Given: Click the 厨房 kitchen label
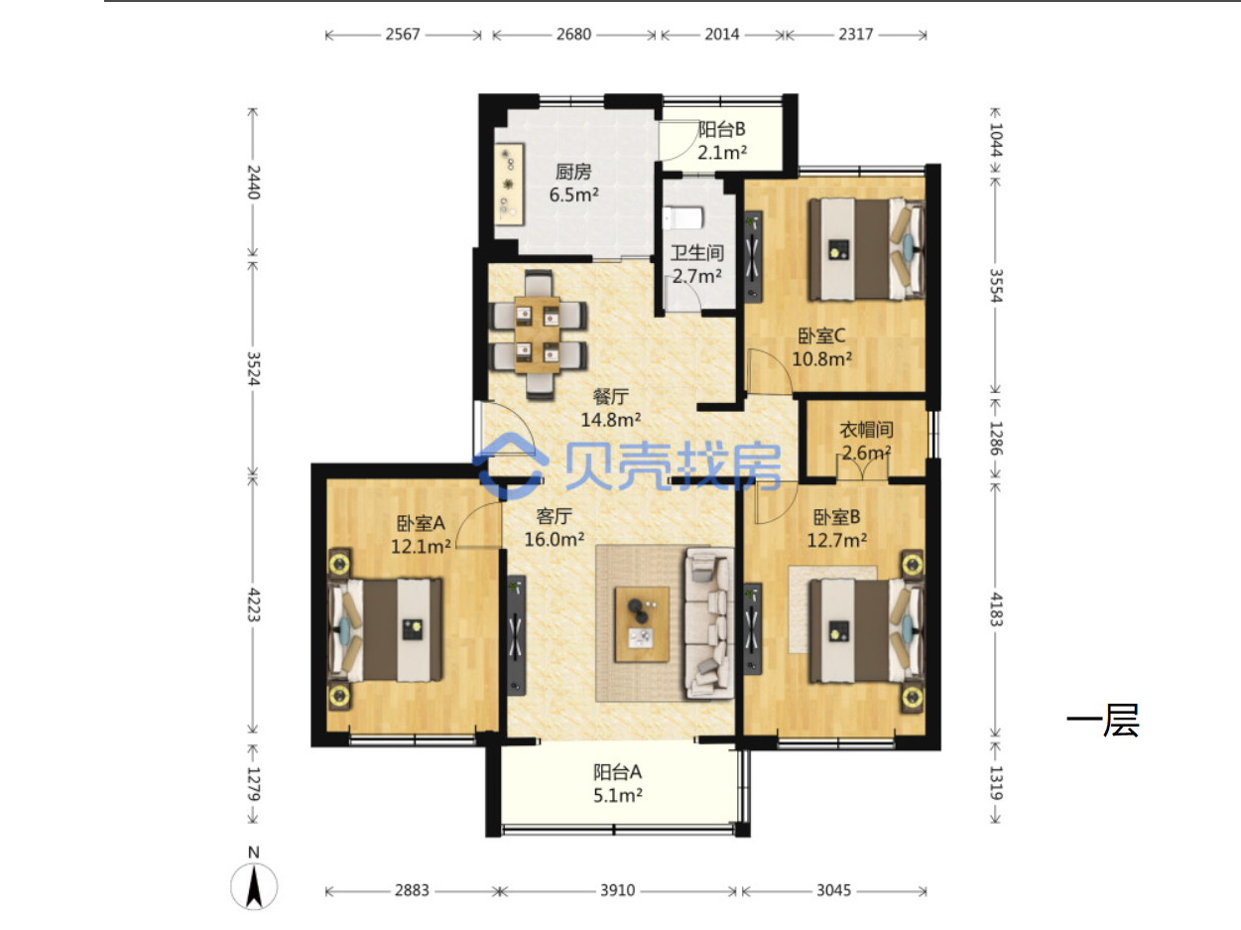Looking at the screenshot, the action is (573, 172).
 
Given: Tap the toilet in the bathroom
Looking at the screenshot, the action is (683, 217).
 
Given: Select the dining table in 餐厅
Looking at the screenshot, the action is (537, 334).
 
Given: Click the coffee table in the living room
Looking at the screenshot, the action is (642, 624).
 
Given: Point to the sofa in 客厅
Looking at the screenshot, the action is (709, 623).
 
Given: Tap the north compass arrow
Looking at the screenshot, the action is (254, 887).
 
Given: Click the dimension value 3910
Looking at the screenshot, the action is (617, 890).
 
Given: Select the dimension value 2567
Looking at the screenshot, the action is (403, 35).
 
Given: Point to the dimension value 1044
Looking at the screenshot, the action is (996, 140).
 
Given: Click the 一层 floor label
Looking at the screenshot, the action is (1102, 721).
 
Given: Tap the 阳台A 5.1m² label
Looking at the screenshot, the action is (617, 783).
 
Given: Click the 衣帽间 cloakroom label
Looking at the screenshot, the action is (866, 430).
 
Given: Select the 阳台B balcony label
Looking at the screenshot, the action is (721, 130).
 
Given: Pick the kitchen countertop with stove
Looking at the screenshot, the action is (510, 184).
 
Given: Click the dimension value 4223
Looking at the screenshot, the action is (254, 604).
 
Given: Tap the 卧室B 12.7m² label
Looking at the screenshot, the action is (836, 528).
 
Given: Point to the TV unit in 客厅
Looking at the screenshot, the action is (517, 635).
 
